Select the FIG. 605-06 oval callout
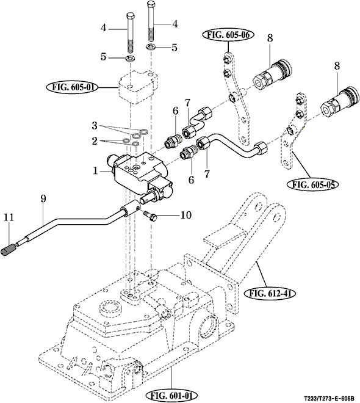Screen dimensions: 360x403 click(228, 35)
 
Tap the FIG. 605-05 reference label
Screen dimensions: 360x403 click(312, 184)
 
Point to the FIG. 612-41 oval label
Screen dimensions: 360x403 click(269, 292)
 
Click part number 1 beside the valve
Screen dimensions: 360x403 click(96, 170)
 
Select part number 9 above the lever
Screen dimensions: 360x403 click(43, 198)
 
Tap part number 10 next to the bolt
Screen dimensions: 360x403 click(185, 215)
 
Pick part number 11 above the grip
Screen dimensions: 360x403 click(9, 218)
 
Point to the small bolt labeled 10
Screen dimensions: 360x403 click(149, 216)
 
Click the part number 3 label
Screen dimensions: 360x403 click(95, 126)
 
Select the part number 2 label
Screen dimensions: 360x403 click(95, 141)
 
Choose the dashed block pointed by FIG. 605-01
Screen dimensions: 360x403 click(138, 87)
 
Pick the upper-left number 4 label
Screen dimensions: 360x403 click(103, 27)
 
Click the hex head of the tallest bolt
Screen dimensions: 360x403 click(151, 4)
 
